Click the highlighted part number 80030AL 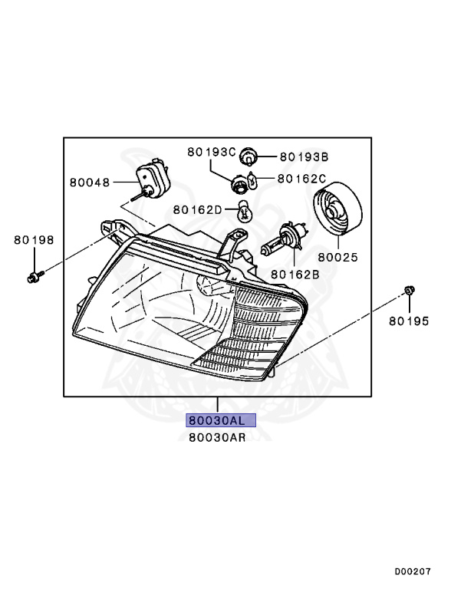coord(221,420)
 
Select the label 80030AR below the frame coord(217,438)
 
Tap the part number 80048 coord(90,183)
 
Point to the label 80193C coord(212,152)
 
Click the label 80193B coord(304,157)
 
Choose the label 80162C coord(301,179)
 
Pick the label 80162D coord(198,210)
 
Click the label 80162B coord(295,275)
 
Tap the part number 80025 coord(338,258)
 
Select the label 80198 coord(34,240)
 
